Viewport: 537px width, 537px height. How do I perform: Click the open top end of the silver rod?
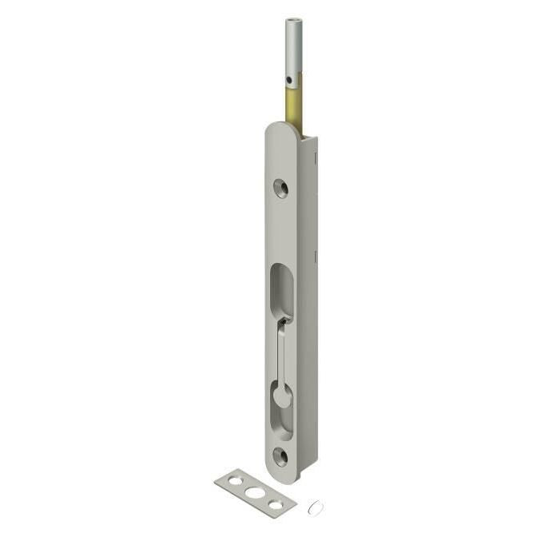click(x=292, y=22)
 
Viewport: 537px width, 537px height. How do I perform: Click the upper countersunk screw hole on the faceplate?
click(x=280, y=188)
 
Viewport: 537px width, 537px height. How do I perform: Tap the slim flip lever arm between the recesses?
click(x=280, y=352)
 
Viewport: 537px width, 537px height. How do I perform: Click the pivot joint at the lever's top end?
click(x=282, y=321)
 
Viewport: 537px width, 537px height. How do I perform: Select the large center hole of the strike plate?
click(x=255, y=492)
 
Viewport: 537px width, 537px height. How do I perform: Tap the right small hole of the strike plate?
click(x=275, y=503)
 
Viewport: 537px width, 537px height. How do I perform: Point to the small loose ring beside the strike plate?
click(x=312, y=506)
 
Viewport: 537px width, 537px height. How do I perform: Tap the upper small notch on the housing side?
click(x=316, y=159)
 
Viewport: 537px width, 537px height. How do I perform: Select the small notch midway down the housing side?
click(x=316, y=256)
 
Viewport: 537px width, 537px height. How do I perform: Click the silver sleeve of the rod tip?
click(x=292, y=48)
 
